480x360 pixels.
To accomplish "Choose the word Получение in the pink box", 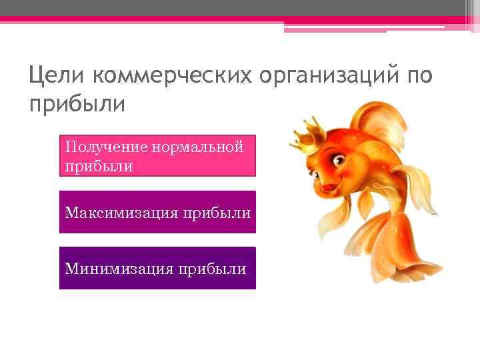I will click(x=106, y=146).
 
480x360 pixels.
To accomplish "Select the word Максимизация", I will click(x=121, y=213).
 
